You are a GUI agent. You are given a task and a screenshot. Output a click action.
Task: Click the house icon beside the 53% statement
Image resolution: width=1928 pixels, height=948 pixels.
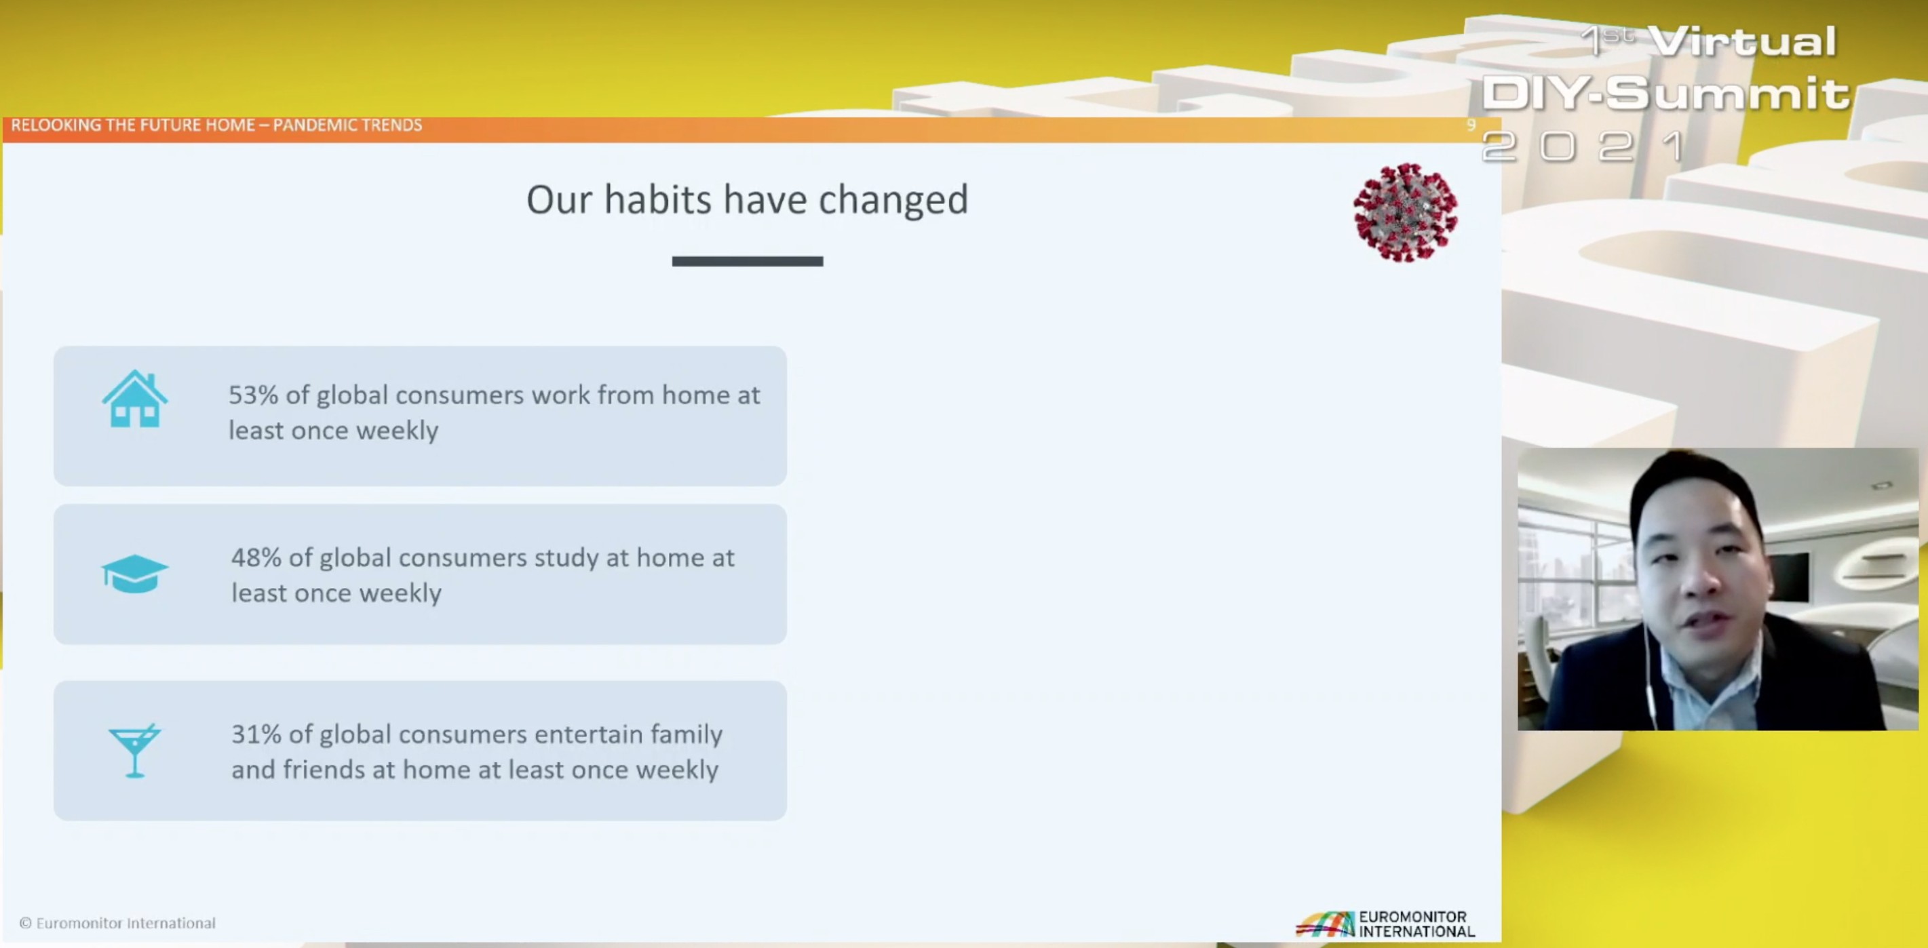pyautogui.click(x=135, y=399)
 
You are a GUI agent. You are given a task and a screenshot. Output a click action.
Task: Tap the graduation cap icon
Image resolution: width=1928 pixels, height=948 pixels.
pyautogui.click(x=135, y=574)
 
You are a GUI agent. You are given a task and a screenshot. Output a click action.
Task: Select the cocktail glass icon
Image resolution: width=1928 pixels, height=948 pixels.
pyautogui.click(x=135, y=751)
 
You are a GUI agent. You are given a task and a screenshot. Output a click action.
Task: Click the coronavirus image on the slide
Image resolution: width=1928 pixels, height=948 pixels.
pyautogui.click(x=1406, y=212)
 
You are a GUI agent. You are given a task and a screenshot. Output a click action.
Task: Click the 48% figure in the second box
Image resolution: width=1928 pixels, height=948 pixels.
pyautogui.click(x=256, y=557)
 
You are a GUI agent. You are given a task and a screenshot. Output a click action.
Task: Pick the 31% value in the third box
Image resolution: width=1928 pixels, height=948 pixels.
pyautogui.click(x=256, y=734)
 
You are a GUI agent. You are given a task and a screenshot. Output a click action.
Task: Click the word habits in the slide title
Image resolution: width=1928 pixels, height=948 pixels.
pyautogui.click(x=658, y=199)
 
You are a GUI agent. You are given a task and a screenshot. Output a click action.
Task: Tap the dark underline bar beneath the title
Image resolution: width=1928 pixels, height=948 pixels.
pyautogui.click(x=748, y=261)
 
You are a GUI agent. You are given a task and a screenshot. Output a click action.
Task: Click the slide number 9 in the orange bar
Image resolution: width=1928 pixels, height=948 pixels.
pyautogui.click(x=1471, y=125)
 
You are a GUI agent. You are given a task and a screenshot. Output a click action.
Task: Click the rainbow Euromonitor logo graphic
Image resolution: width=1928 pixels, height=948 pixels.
pyautogui.click(x=1326, y=924)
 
